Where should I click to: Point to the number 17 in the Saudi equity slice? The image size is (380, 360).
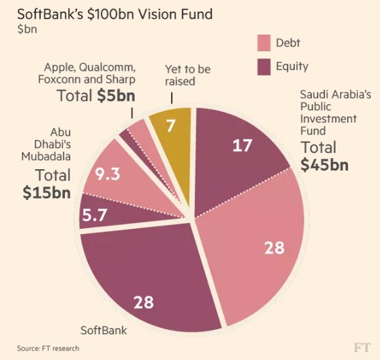tap(242, 145)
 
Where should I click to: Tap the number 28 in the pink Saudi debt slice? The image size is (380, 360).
tap(275, 247)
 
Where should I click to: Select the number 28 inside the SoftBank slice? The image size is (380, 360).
tap(143, 302)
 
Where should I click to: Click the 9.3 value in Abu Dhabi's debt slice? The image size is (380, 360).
tap(107, 175)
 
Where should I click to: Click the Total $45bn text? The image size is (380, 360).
tap(324, 155)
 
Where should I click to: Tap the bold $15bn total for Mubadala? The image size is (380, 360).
tap(45, 193)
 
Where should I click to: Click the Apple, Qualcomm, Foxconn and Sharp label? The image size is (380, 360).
tap(90, 73)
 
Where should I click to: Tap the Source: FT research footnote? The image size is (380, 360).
tap(48, 348)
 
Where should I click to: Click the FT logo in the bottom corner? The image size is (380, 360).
tap(362, 346)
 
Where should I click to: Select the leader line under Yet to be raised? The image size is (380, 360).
tap(171, 97)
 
